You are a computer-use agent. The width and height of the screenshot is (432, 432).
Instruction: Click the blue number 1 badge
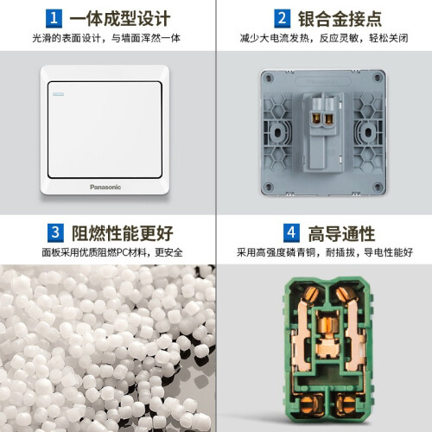(x=54, y=18)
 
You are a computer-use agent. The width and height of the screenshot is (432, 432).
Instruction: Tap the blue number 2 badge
(x=282, y=18)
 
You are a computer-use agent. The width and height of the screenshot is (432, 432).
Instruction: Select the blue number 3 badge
(x=55, y=232)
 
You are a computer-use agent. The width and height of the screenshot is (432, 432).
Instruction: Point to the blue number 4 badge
(x=291, y=232)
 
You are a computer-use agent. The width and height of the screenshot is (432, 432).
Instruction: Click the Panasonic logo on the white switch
(x=105, y=187)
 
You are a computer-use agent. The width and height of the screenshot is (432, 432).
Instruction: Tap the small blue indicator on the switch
(x=59, y=94)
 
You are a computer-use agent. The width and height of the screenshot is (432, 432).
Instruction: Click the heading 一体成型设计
(x=120, y=19)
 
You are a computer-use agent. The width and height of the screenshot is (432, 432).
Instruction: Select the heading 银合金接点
(x=340, y=19)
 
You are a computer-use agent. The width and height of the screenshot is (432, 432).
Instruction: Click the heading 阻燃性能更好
(x=122, y=233)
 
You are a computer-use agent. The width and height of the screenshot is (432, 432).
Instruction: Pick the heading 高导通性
(x=341, y=233)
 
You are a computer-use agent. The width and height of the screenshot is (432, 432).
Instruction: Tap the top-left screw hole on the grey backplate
(x=270, y=78)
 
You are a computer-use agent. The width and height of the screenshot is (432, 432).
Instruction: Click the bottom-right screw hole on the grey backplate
(x=377, y=187)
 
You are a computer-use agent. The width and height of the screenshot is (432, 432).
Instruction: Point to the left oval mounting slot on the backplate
(x=278, y=133)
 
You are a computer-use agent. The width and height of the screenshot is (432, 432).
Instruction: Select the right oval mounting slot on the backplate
(x=368, y=133)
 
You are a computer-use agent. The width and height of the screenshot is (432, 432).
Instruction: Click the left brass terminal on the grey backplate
(x=317, y=119)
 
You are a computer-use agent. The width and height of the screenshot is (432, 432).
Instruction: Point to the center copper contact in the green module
(x=328, y=335)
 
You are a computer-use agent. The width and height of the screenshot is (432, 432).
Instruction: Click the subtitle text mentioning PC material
(x=112, y=252)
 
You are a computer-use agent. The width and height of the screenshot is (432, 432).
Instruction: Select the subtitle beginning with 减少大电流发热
(x=324, y=38)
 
